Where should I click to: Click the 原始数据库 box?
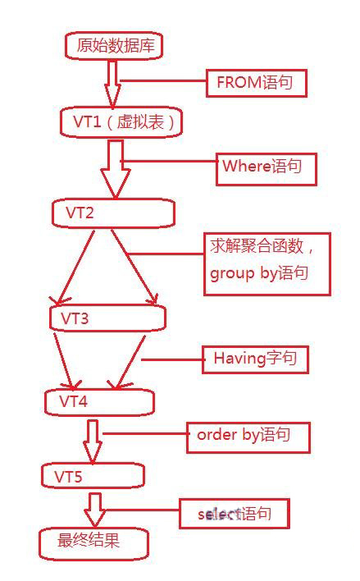[115, 46]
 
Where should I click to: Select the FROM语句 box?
[257, 83]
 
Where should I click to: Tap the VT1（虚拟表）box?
[121, 122]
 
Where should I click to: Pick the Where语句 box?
[267, 169]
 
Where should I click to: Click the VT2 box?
[113, 213]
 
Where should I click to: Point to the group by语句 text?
[259, 273]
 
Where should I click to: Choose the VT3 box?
[107, 318]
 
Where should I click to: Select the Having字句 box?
[256, 359]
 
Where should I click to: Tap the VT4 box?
[99, 402]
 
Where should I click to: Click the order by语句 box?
[248, 437]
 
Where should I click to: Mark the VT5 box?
[93, 475]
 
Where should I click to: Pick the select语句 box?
[235, 514]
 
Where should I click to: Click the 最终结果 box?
[94, 543]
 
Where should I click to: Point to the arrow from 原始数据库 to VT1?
[112, 84]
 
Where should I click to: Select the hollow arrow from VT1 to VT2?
[115, 168]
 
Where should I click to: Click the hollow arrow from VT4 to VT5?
[92, 441]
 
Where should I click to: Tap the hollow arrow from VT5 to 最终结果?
[95, 510]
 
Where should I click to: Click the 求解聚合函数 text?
[257, 246]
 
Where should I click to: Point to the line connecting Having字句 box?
[172, 359]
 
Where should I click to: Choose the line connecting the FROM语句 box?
[163, 80]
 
